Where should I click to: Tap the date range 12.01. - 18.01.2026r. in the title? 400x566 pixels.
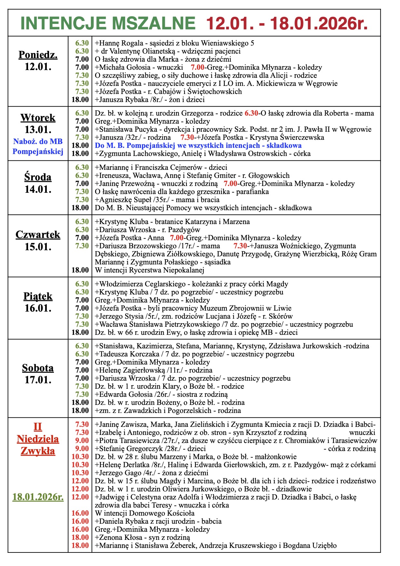tap(287, 23)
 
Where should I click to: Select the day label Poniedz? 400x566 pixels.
tap(38, 55)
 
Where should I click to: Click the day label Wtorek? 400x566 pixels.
tap(38, 118)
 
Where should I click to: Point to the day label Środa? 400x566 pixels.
tap(38, 177)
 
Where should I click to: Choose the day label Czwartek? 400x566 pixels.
tap(38, 235)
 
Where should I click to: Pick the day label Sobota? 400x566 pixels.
tap(38, 368)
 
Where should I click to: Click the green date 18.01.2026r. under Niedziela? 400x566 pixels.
tap(38, 497)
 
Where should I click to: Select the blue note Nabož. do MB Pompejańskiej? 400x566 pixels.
tap(38, 146)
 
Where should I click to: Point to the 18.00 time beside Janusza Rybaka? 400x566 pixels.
tap(80, 100)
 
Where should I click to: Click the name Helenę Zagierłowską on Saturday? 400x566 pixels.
tap(132, 370)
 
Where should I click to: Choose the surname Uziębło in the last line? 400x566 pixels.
tap(325, 546)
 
